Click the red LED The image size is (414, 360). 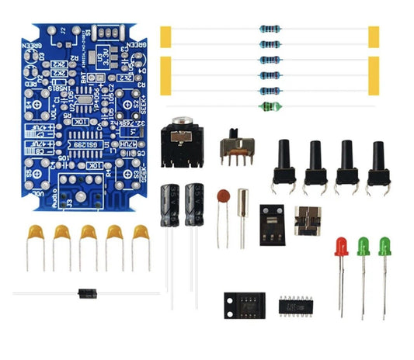pyautogui.click(x=340, y=247)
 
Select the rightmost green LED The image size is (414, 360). pyautogui.click(x=384, y=247)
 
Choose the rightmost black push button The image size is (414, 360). pyautogui.click(x=377, y=164)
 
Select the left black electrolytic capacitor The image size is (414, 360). pyautogui.click(x=170, y=205)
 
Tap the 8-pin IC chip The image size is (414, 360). pyautogui.click(x=244, y=303)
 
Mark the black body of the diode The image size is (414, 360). pyautogui.click(x=86, y=292)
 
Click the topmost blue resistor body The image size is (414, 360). pyautogui.click(x=269, y=30)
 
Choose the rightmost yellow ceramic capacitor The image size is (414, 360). pyautogui.click(x=140, y=234)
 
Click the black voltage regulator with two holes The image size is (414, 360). pyautogui.click(x=273, y=220)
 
